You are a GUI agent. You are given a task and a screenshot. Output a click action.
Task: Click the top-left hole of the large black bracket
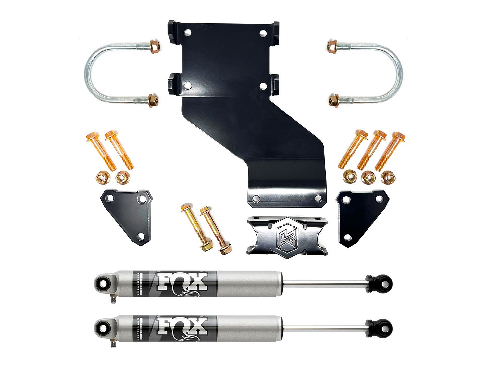[x=187, y=33]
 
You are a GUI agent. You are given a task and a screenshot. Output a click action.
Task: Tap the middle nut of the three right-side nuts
[x=368, y=177]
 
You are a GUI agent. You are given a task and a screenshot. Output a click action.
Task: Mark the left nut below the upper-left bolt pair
[x=103, y=177]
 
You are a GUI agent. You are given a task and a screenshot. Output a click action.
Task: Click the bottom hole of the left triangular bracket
[x=141, y=236]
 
